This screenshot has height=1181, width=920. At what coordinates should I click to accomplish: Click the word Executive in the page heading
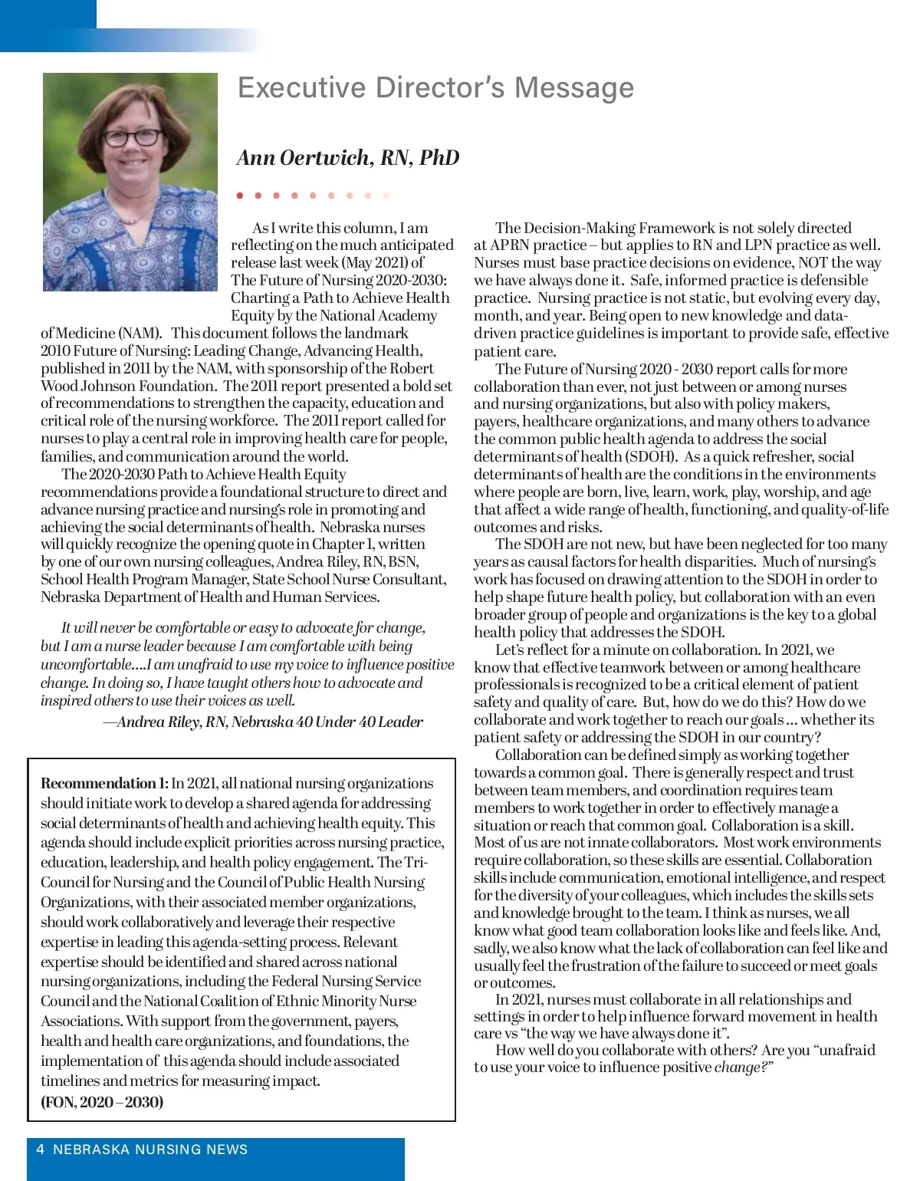coord(301,87)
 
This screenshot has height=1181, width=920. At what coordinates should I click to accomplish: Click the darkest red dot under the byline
coord(240,196)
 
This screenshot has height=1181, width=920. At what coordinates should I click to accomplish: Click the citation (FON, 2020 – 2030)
coord(102,1102)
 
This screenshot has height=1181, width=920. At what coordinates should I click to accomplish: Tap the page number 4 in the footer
coord(40,1150)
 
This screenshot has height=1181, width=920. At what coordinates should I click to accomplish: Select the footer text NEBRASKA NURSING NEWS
coord(150,1150)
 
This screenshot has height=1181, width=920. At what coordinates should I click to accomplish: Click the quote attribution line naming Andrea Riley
coord(263,722)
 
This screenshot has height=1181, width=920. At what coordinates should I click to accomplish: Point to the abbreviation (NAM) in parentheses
coord(140,334)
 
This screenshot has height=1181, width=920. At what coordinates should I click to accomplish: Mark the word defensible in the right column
coord(832,281)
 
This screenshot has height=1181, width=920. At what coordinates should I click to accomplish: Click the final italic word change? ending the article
coord(743,1068)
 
